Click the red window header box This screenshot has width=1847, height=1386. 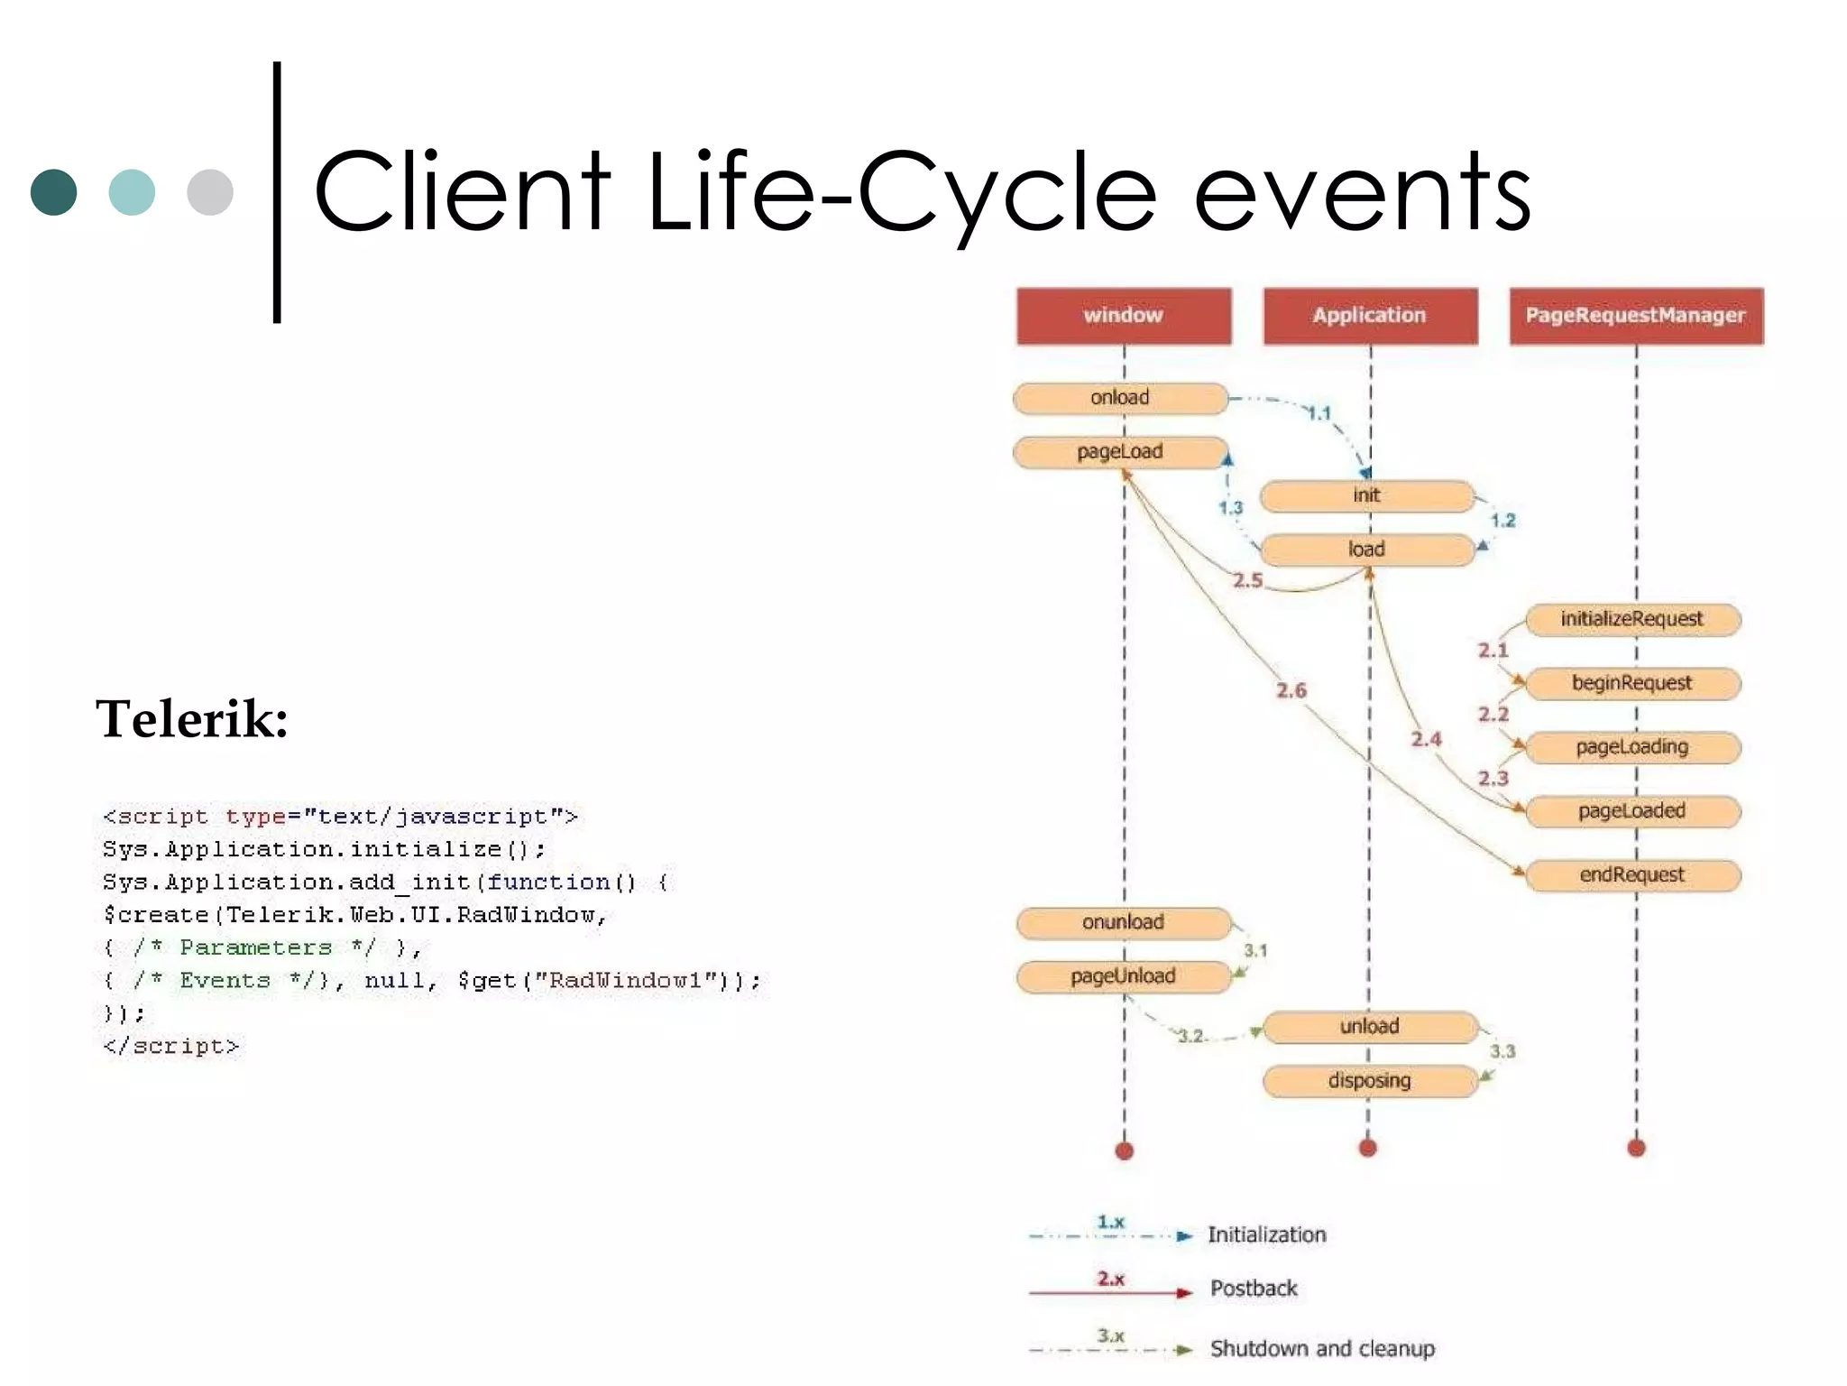click(1123, 316)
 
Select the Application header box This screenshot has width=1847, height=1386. click(1369, 316)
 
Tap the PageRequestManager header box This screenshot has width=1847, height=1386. click(1635, 316)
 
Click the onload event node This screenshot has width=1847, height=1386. click(1119, 398)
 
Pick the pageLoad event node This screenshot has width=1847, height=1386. click(1119, 452)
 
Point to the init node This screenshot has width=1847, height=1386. click(1366, 495)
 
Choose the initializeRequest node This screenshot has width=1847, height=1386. click(1631, 619)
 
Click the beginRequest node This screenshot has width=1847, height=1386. click(1631, 683)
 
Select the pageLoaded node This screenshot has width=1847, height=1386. click(1631, 811)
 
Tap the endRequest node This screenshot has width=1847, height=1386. click(1631, 875)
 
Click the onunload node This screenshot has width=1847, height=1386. click(1123, 922)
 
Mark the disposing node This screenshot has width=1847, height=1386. click(1369, 1081)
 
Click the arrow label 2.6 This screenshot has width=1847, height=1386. click(1291, 691)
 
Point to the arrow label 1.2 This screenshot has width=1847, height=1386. click(1502, 521)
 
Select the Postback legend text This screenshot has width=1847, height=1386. click(1254, 1289)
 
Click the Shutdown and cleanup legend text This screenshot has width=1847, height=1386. click(1321, 1349)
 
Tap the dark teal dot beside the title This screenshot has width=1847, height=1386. click(53, 192)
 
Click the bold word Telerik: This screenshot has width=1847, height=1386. click(192, 719)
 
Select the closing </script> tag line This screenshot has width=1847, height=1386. click(171, 1047)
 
